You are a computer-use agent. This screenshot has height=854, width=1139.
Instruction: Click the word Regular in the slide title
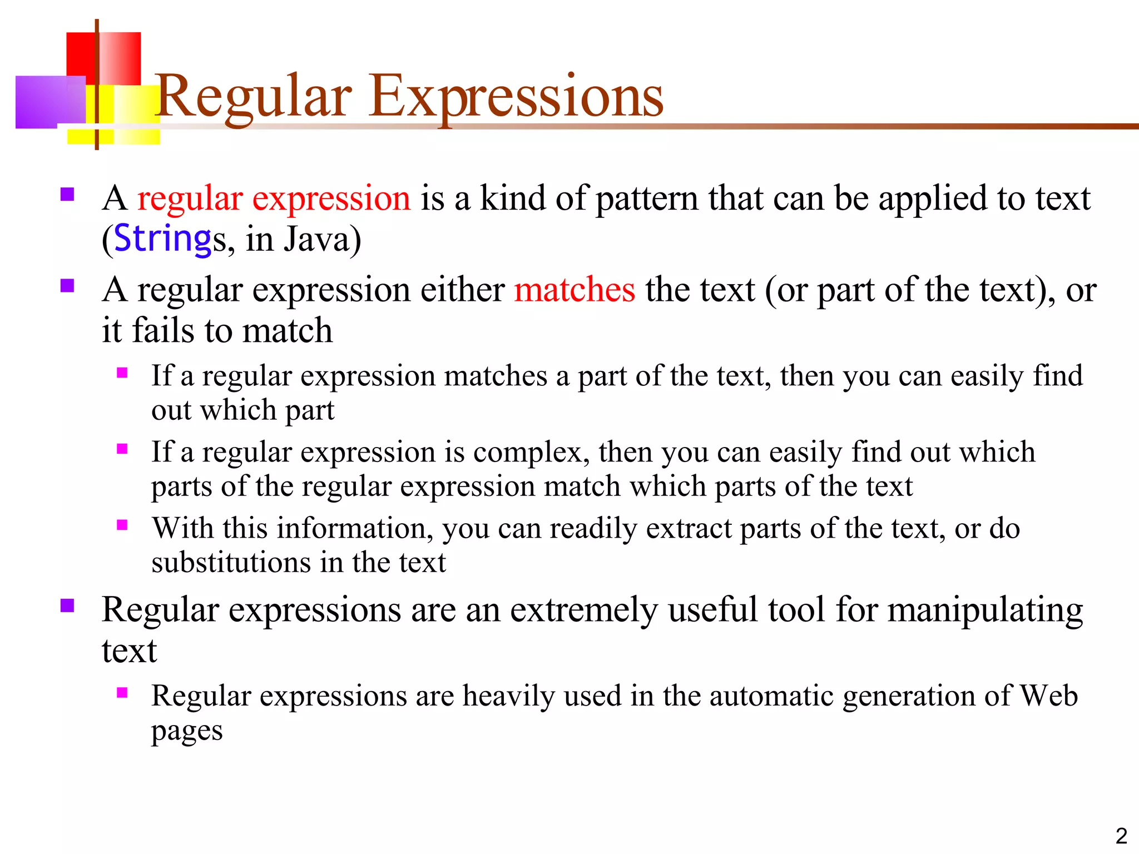pyautogui.click(x=254, y=97)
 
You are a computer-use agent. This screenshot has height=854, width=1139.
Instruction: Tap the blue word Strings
pyautogui.click(x=162, y=239)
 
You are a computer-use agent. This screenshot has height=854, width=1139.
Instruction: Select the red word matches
pyautogui.click(x=575, y=290)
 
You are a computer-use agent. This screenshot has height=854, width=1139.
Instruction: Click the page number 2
pyautogui.click(x=1121, y=836)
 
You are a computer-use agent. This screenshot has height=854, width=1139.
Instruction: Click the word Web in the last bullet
pyautogui.click(x=1049, y=696)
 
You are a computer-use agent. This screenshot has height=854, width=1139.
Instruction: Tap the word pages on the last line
pyautogui.click(x=187, y=732)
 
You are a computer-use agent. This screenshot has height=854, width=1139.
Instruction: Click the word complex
pyautogui.click(x=531, y=452)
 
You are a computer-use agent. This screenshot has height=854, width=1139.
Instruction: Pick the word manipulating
pyautogui.click(x=985, y=610)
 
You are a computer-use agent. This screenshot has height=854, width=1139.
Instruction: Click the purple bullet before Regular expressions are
pyautogui.click(x=67, y=605)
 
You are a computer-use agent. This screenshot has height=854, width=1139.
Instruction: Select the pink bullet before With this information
pyautogui.click(x=122, y=524)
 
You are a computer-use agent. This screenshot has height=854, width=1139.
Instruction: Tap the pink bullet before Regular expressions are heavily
pyautogui.click(x=122, y=692)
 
